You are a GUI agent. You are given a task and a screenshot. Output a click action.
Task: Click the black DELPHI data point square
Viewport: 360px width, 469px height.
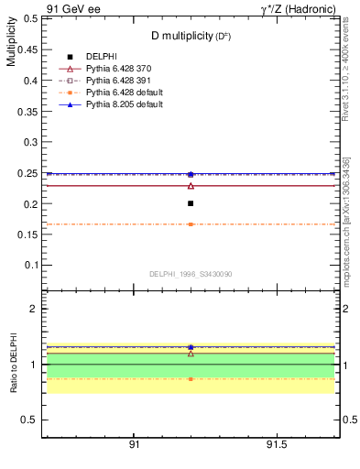click(191, 203)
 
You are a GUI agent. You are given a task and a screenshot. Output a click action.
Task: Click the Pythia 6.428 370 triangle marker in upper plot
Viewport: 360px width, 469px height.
click(191, 186)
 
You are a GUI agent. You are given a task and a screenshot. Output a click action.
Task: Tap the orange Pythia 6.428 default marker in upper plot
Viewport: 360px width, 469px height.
click(191, 224)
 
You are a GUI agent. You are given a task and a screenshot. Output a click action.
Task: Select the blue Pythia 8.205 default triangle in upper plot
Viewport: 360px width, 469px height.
click(191, 173)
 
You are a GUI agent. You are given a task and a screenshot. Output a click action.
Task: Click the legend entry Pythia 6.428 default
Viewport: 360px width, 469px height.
click(127, 93)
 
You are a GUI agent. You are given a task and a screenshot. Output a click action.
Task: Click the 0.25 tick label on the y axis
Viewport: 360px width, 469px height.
click(27, 173)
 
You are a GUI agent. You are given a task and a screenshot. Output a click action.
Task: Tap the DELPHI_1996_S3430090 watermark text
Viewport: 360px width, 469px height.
click(190, 274)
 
